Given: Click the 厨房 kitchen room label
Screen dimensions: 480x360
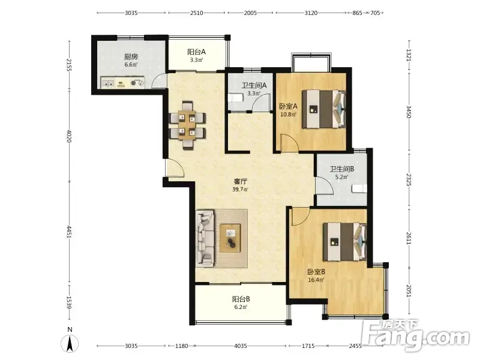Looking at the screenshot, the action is pyautogui.click(x=131, y=56).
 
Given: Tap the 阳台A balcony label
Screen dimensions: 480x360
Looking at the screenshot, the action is pyautogui.click(x=196, y=52).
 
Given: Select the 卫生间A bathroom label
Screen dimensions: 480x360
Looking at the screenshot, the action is pyautogui.click(x=254, y=85).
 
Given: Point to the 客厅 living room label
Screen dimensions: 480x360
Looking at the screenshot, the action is pyautogui.click(x=241, y=182).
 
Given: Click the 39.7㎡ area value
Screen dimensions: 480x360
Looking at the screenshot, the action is pyautogui.click(x=241, y=190).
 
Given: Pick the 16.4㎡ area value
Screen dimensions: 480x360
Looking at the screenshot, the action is pyautogui.click(x=316, y=280).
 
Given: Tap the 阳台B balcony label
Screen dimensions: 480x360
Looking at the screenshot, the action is pyautogui.click(x=241, y=299).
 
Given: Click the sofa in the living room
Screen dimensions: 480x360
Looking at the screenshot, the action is pyautogui.click(x=205, y=238).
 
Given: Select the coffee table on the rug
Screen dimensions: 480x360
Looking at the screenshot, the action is pyautogui.click(x=230, y=238).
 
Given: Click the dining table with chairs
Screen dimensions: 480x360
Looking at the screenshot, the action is pyautogui.click(x=187, y=125).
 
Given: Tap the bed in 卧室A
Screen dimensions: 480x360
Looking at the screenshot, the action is pyautogui.click(x=324, y=109).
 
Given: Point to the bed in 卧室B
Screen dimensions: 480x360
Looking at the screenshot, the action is pyautogui.click(x=345, y=242).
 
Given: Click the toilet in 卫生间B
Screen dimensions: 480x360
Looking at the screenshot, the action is pyautogui.click(x=359, y=188).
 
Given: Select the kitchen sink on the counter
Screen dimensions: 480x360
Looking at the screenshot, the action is pyautogui.click(x=108, y=83).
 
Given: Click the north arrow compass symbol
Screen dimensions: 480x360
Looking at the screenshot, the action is pyautogui.click(x=70, y=343).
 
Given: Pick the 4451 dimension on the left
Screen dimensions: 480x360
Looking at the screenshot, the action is pyautogui.click(x=69, y=233).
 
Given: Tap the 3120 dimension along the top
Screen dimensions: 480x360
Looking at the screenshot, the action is pyautogui.click(x=311, y=13).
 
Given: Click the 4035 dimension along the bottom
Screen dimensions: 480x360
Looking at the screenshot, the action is pyautogui.click(x=241, y=346).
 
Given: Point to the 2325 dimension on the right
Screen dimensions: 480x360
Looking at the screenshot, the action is pyautogui.click(x=409, y=179).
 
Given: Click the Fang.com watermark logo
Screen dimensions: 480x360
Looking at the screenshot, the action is pyautogui.click(x=416, y=335).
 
